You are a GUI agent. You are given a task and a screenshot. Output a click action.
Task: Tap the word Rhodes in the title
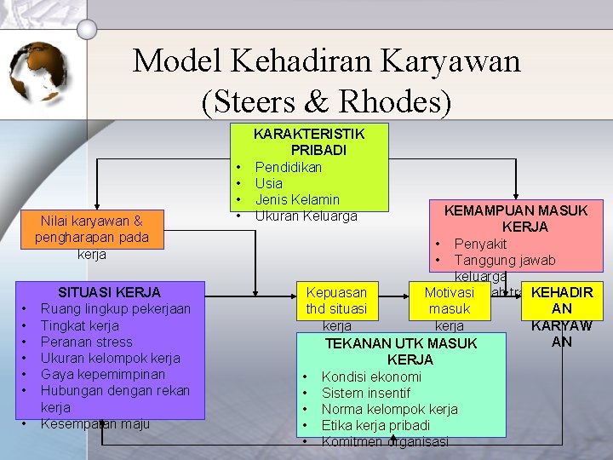click(398, 101)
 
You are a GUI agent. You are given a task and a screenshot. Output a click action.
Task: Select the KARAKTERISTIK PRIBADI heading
click(309, 142)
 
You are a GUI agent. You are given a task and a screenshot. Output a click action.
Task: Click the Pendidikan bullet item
click(288, 167)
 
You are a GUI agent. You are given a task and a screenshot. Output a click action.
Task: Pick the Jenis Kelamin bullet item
click(297, 199)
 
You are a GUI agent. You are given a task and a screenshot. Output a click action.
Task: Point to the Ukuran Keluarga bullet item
click(306, 216)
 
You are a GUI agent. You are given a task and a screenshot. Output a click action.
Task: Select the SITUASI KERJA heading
click(109, 292)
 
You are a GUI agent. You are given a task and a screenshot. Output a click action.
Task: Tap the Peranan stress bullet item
click(87, 342)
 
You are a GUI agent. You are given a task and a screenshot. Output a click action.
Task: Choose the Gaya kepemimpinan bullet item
click(104, 374)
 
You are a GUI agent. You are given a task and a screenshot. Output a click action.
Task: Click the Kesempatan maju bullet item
click(95, 423)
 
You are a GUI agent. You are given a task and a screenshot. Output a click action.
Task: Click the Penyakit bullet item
click(480, 244)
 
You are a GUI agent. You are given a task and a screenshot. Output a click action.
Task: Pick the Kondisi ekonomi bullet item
click(371, 377)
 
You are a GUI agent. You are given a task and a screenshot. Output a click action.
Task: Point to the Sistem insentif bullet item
click(365, 393)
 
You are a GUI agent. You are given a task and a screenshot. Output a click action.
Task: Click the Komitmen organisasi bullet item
click(384, 441)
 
